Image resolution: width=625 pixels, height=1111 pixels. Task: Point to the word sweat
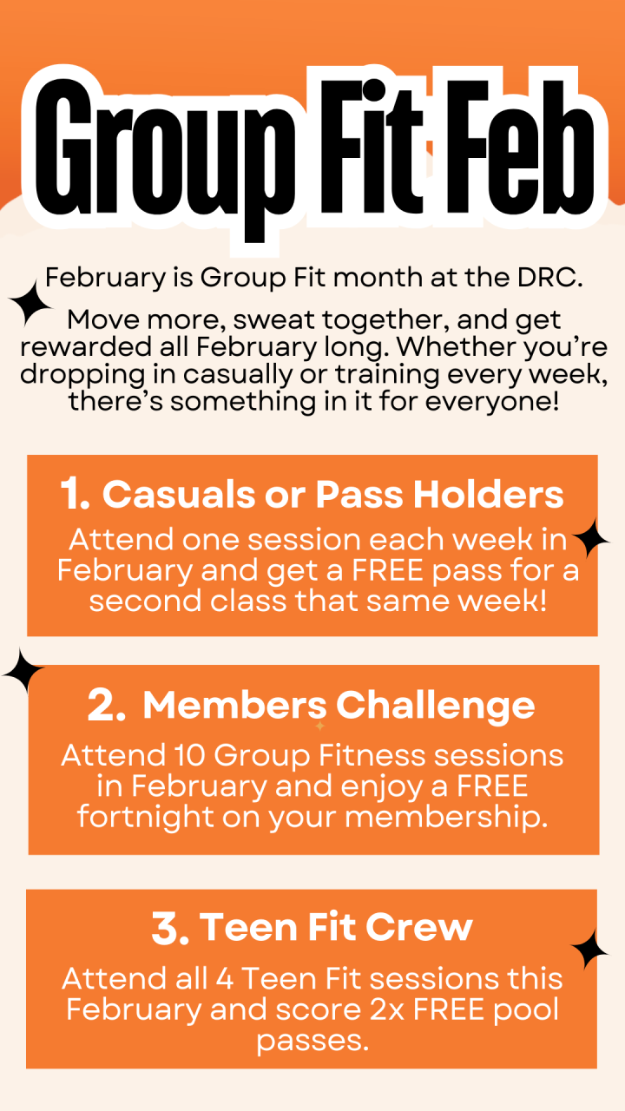[273, 320]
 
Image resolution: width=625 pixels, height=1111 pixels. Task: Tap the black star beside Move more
[30, 304]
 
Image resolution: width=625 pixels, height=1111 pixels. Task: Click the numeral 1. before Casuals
[75, 495]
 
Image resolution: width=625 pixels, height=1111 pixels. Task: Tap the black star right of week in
[590, 538]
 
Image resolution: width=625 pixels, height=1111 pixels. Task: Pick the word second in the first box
[145, 602]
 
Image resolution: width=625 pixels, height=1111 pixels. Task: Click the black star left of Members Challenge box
[23, 671]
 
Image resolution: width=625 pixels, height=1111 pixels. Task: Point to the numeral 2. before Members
[106, 706]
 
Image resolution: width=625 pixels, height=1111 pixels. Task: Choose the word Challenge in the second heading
[436, 707]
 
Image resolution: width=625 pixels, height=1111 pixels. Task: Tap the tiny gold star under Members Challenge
[320, 726]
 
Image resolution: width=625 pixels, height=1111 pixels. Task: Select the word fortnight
[145, 818]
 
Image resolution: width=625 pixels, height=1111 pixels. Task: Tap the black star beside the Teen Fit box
[589, 950]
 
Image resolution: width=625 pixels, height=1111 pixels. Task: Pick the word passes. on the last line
[313, 1040]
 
